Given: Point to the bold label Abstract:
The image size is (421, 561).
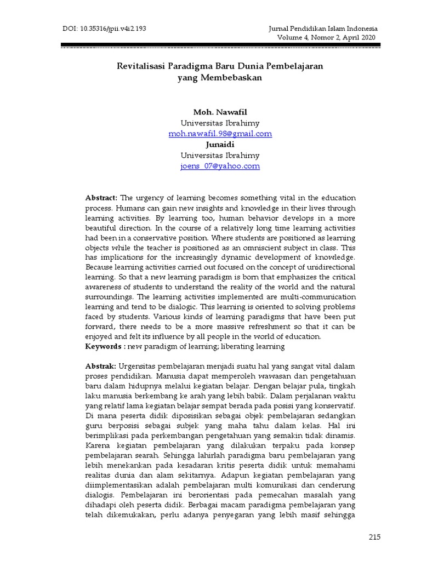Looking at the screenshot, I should coord(101,198).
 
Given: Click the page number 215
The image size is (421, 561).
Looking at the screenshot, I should coord(375,536).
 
